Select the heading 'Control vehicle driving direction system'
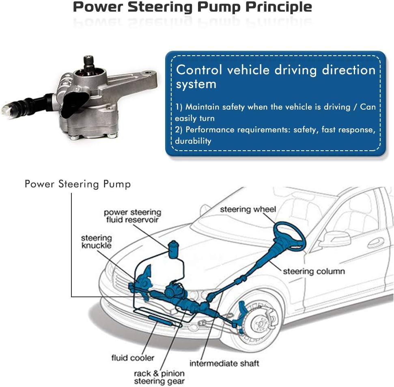click(x=276, y=77)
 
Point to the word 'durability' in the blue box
click(x=193, y=141)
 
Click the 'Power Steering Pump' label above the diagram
click(x=78, y=184)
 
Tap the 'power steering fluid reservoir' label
click(x=132, y=216)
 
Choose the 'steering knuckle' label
click(x=96, y=242)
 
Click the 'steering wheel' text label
click(x=248, y=210)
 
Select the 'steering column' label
click(x=314, y=271)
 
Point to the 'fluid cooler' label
click(x=133, y=358)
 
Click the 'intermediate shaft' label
click(x=224, y=363)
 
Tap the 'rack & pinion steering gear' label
click(x=159, y=377)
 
